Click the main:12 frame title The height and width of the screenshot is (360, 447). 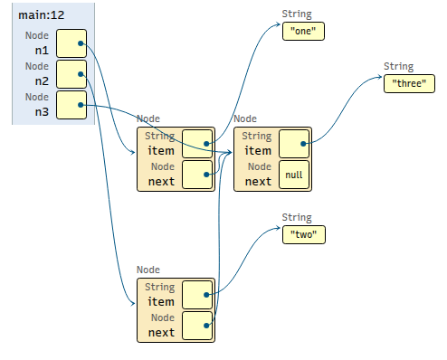click(42, 15)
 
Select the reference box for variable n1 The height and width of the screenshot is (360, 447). click(71, 43)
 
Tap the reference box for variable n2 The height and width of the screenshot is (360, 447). click(71, 74)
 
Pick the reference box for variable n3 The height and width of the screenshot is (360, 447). click(71, 105)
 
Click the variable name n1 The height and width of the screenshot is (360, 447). click(42, 51)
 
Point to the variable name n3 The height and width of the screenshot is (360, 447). click(42, 112)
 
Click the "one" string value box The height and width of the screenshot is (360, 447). click(303, 31)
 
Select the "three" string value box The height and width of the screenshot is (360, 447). click(409, 83)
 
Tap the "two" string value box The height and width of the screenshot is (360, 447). click(304, 234)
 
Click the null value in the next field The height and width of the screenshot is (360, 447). click(294, 175)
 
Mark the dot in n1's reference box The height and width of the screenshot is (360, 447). click(81, 43)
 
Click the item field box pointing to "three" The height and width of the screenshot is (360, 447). click(294, 144)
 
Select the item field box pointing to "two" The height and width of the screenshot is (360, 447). click(197, 295)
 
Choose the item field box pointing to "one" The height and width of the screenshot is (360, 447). click(197, 144)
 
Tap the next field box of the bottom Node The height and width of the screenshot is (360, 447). click(197, 326)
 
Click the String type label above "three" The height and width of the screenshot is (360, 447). click(398, 67)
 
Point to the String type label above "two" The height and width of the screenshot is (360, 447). click(297, 218)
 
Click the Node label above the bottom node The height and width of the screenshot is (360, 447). click(148, 270)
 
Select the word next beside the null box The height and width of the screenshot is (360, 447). click(258, 182)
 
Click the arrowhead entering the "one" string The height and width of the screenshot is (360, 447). click(278, 24)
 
